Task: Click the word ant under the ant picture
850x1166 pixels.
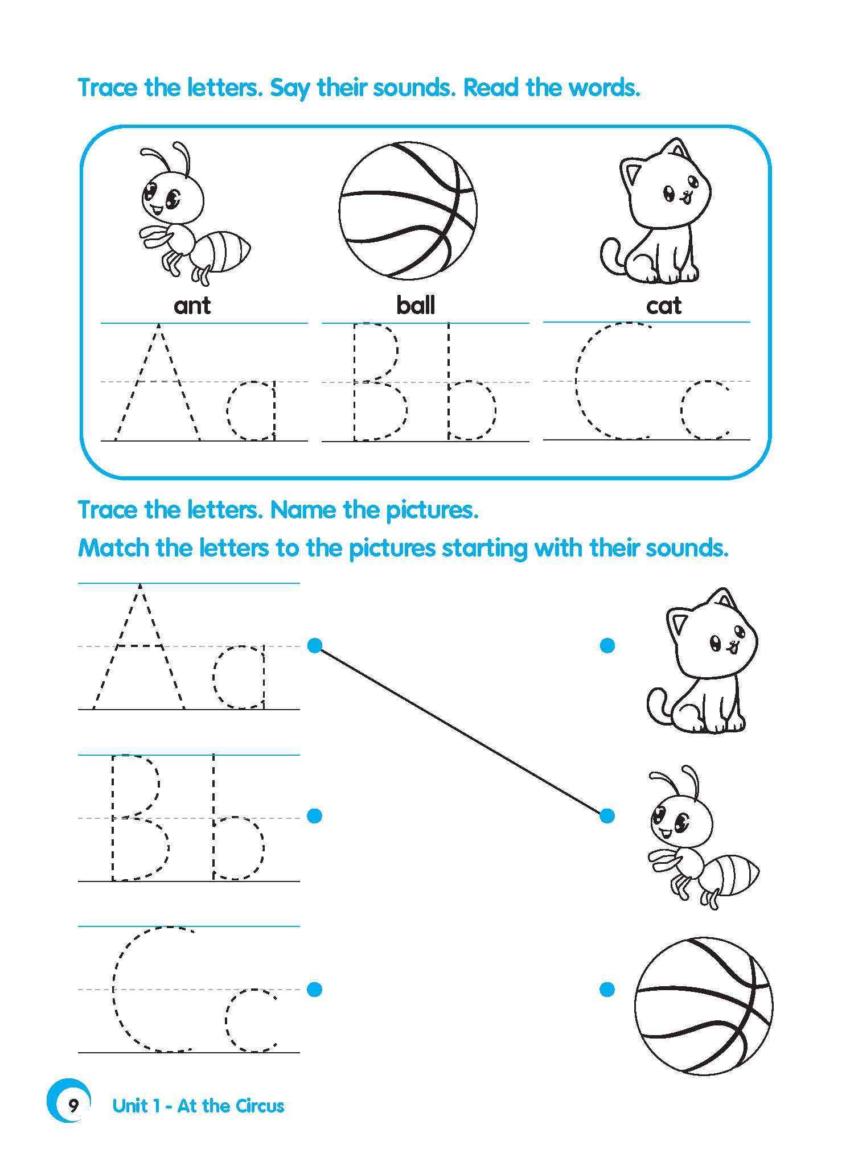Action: pyautogui.click(x=192, y=306)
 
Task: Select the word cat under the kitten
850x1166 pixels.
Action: pyautogui.click(x=663, y=306)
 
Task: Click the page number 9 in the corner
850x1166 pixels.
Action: pyautogui.click(x=73, y=1106)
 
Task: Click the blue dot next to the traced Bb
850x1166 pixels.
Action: pyautogui.click(x=314, y=815)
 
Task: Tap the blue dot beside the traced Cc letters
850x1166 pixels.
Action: pyautogui.click(x=314, y=989)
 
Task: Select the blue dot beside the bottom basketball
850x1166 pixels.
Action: pyautogui.click(x=607, y=989)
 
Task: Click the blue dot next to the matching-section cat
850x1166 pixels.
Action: pyautogui.click(x=607, y=645)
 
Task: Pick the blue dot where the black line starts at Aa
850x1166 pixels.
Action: pyautogui.click(x=314, y=645)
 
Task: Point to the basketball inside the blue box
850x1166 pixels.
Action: pyautogui.click(x=408, y=210)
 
